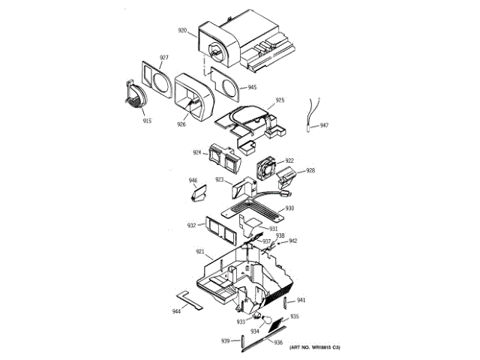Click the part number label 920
(x=182, y=31)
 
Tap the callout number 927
(x=163, y=58)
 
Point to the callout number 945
(x=252, y=87)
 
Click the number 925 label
(x=280, y=100)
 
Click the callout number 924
(x=197, y=152)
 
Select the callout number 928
(x=310, y=170)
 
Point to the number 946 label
(x=193, y=181)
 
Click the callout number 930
(x=289, y=208)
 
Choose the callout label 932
(x=191, y=225)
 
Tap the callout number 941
(x=301, y=300)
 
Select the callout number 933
(x=241, y=322)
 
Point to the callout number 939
(x=225, y=341)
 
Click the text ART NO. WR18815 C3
(x=315, y=347)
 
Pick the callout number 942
(x=293, y=241)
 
